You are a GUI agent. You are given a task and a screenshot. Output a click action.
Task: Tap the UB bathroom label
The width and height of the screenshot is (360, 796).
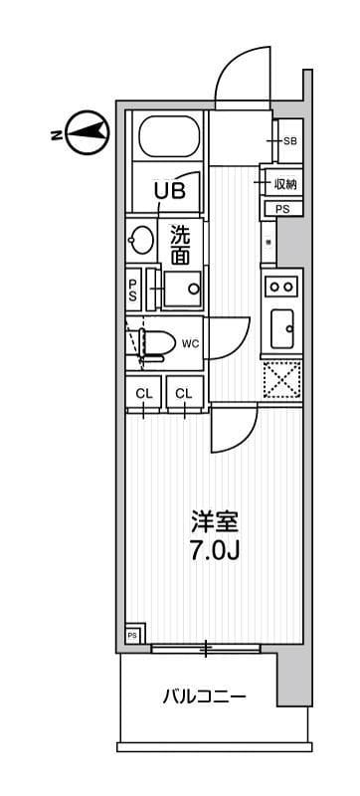click(x=168, y=189)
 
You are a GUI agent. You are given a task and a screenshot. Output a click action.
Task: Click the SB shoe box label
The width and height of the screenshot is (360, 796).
click(x=289, y=141)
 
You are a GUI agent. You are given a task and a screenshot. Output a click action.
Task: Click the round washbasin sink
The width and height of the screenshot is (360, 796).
click(x=140, y=241)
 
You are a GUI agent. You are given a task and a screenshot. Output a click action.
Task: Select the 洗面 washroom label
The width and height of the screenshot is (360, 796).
click(x=180, y=246)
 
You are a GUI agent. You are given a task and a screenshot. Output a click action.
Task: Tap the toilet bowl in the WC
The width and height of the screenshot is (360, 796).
click(x=151, y=343)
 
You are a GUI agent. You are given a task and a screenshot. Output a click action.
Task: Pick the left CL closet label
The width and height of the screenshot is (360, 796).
click(x=144, y=394)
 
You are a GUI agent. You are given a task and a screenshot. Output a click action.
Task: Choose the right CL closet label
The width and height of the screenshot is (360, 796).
click(x=184, y=394)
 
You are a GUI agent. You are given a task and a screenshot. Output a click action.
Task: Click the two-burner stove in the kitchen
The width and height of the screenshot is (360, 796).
click(x=281, y=287)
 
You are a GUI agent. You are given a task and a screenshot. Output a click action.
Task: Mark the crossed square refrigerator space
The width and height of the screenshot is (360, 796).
click(x=281, y=379)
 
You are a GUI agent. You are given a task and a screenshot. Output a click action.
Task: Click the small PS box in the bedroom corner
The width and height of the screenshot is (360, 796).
click(x=132, y=635)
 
